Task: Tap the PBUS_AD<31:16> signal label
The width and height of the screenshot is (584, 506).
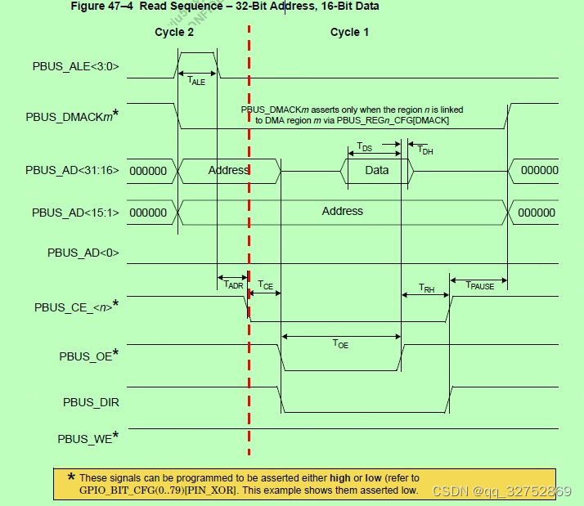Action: [72, 170]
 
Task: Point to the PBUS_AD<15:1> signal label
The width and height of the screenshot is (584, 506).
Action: [75, 213]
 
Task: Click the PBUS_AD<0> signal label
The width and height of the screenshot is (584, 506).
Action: [83, 253]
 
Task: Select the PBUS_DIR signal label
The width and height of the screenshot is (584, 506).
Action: [91, 402]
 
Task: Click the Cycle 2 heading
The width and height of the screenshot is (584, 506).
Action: [174, 33]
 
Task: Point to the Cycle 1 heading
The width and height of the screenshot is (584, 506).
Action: [349, 33]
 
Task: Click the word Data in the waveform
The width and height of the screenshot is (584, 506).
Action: [376, 170]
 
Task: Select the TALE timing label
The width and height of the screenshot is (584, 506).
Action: [196, 81]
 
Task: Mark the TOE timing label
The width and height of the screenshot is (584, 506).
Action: [340, 345]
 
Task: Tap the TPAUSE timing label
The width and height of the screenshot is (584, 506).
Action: [479, 285]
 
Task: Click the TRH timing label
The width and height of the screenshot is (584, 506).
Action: [426, 288]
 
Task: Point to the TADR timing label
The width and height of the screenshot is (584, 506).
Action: [233, 285]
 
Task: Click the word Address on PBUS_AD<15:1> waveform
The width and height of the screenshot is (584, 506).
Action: [342, 211]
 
